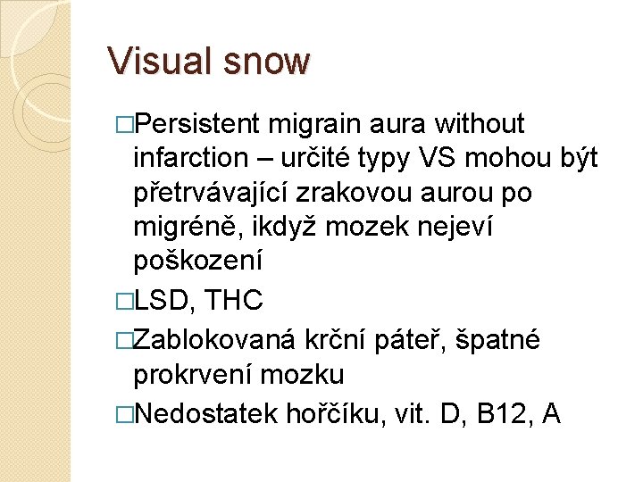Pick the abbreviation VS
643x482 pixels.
click(437, 158)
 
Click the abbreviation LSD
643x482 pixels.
click(163, 300)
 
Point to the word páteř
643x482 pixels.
click(424, 338)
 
